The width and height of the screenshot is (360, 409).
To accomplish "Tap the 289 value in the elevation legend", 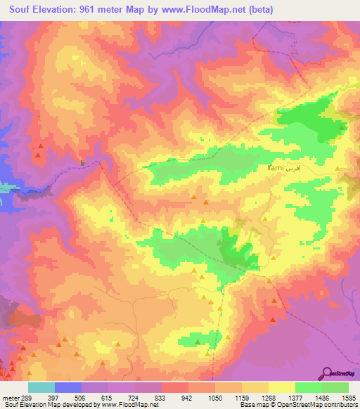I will pyautogui.click(x=27, y=397).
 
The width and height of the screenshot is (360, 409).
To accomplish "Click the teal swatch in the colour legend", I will pyautogui.click(x=41, y=387).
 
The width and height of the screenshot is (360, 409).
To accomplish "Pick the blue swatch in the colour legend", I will pyautogui.click(x=67, y=387).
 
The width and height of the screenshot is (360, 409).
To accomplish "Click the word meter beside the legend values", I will pyautogui.click(x=11, y=397).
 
